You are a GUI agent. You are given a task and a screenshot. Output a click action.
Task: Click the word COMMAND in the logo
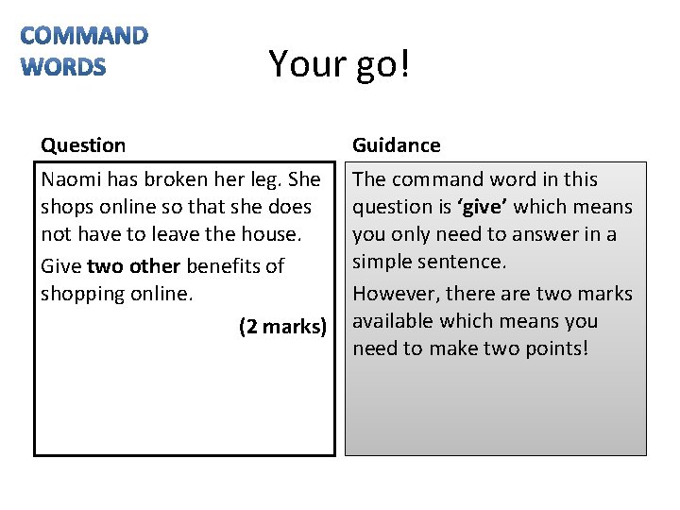coord(84,37)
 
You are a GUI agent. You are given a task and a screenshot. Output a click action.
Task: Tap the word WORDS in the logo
coord(63,67)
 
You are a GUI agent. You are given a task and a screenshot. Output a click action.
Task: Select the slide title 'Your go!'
coord(339,63)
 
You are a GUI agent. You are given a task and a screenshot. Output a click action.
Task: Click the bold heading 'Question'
coord(83,145)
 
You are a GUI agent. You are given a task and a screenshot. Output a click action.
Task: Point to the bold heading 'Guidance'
coord(397,145)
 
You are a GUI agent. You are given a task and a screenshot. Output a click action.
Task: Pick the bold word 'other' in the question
coord(154,266)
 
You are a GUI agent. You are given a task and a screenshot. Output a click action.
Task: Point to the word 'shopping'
coord(80,294)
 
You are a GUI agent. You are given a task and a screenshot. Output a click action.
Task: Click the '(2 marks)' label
coord(282,327)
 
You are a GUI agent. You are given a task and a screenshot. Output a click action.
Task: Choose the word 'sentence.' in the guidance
coord(467,262)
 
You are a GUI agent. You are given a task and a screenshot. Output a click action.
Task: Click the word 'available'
coord(392,321)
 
